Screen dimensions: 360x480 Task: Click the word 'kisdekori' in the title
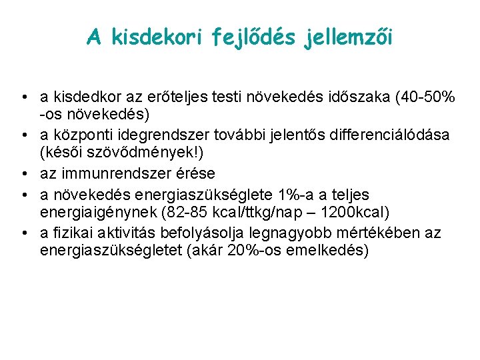(153, 38)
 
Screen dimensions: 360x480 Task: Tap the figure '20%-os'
(241, 251)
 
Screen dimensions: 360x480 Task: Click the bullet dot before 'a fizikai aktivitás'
(23, 233)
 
